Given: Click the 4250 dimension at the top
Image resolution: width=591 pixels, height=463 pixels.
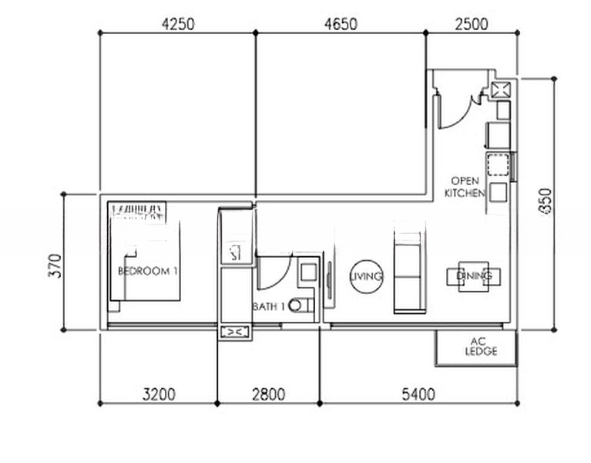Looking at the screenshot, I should (177, 24).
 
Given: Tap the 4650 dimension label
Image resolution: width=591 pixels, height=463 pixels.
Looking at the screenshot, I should (341, 24).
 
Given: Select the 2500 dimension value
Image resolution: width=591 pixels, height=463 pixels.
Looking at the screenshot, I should (472, 24).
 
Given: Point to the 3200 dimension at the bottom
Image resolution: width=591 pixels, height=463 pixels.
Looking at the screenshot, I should (159, 395).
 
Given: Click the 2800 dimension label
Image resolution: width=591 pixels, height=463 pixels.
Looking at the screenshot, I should (268, 395).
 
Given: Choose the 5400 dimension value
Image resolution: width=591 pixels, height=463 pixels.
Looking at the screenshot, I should (418, 395).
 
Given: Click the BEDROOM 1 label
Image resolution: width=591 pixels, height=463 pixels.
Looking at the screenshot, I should (148, 272).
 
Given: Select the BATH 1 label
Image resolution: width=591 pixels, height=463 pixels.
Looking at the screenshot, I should (269, 307).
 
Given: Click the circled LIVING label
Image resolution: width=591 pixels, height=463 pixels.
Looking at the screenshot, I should (366, 276).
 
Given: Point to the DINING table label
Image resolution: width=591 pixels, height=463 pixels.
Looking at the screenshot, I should (474, 275).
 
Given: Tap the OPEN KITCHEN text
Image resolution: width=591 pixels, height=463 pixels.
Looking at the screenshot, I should (465, 188).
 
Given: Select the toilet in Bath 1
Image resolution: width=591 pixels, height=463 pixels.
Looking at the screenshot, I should (302, 306).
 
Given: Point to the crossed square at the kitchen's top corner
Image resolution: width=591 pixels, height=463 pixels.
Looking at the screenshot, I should (500, 89).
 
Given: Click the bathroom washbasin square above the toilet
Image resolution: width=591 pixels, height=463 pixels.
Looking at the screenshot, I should (307, 272).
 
